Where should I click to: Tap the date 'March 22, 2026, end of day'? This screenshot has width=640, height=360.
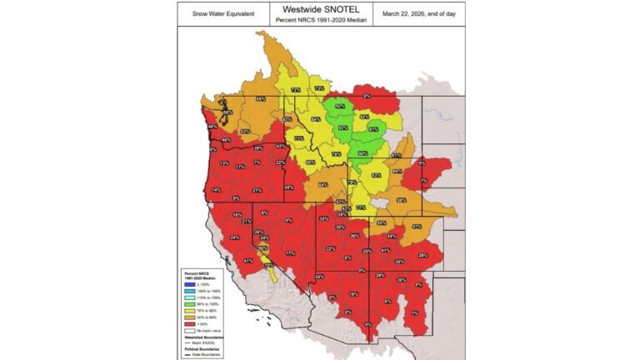point(421,14)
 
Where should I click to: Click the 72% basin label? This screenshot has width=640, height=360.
point(295,90)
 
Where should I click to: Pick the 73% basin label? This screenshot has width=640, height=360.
point(319,88)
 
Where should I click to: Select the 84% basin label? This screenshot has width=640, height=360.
point(315,120)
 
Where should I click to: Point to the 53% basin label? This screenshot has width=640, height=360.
point(245,132)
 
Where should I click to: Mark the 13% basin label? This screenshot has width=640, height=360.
point(224,163)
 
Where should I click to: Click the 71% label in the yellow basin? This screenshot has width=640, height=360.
point(360,207)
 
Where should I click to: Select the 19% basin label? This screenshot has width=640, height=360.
point(352,294)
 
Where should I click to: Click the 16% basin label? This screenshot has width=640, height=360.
point(237,216)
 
